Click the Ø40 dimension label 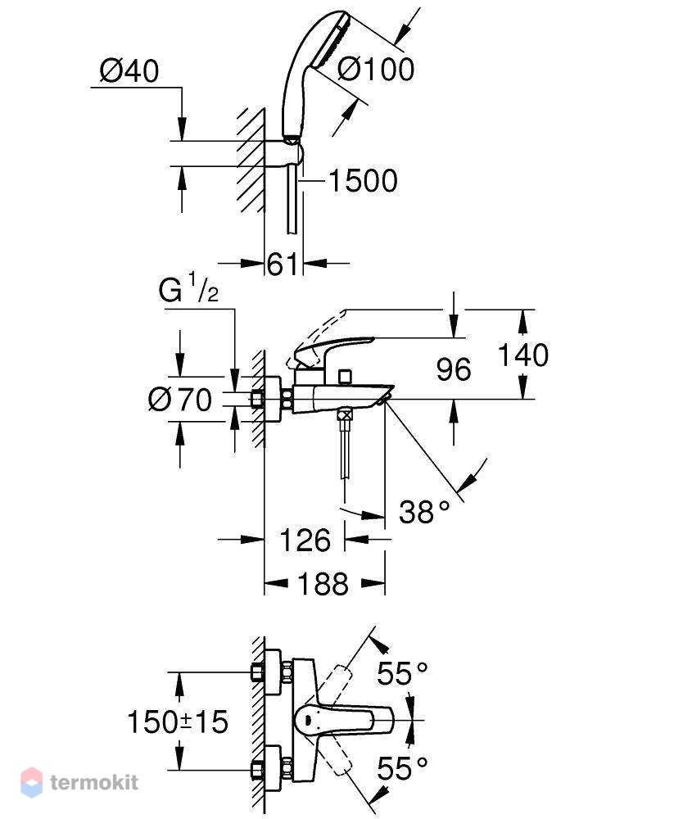[x=129, y=71]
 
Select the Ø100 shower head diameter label [x=376, y=69]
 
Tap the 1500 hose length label [x=363, y=181]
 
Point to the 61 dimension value [x=283, y=264]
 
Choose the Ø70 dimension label [x=180, y=400]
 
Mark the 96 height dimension [x=454, y=369]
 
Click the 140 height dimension [x=522, y=355]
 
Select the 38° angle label [x=424, y=511]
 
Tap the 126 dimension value [x=305, y=540]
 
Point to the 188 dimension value [x=323, y=583]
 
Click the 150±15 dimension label [x=178, y=722]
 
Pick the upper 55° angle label [x=402, y=672]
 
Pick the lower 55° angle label [x=402, y=768]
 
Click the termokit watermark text [x=94, y=782]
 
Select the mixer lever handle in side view [x=333, y=349]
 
